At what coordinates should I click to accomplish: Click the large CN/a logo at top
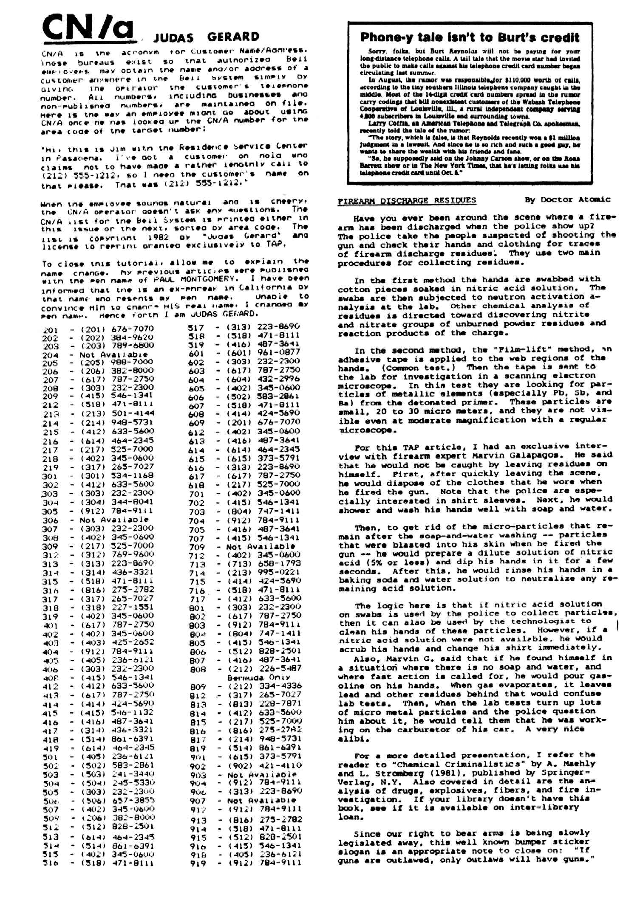tap(88, 27)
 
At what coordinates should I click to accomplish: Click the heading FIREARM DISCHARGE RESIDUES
tap(407, 200)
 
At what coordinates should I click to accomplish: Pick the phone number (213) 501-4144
tap(117, 413)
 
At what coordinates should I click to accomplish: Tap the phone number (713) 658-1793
tap(263, 564)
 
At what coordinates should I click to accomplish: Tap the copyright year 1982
tap(158, 238)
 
